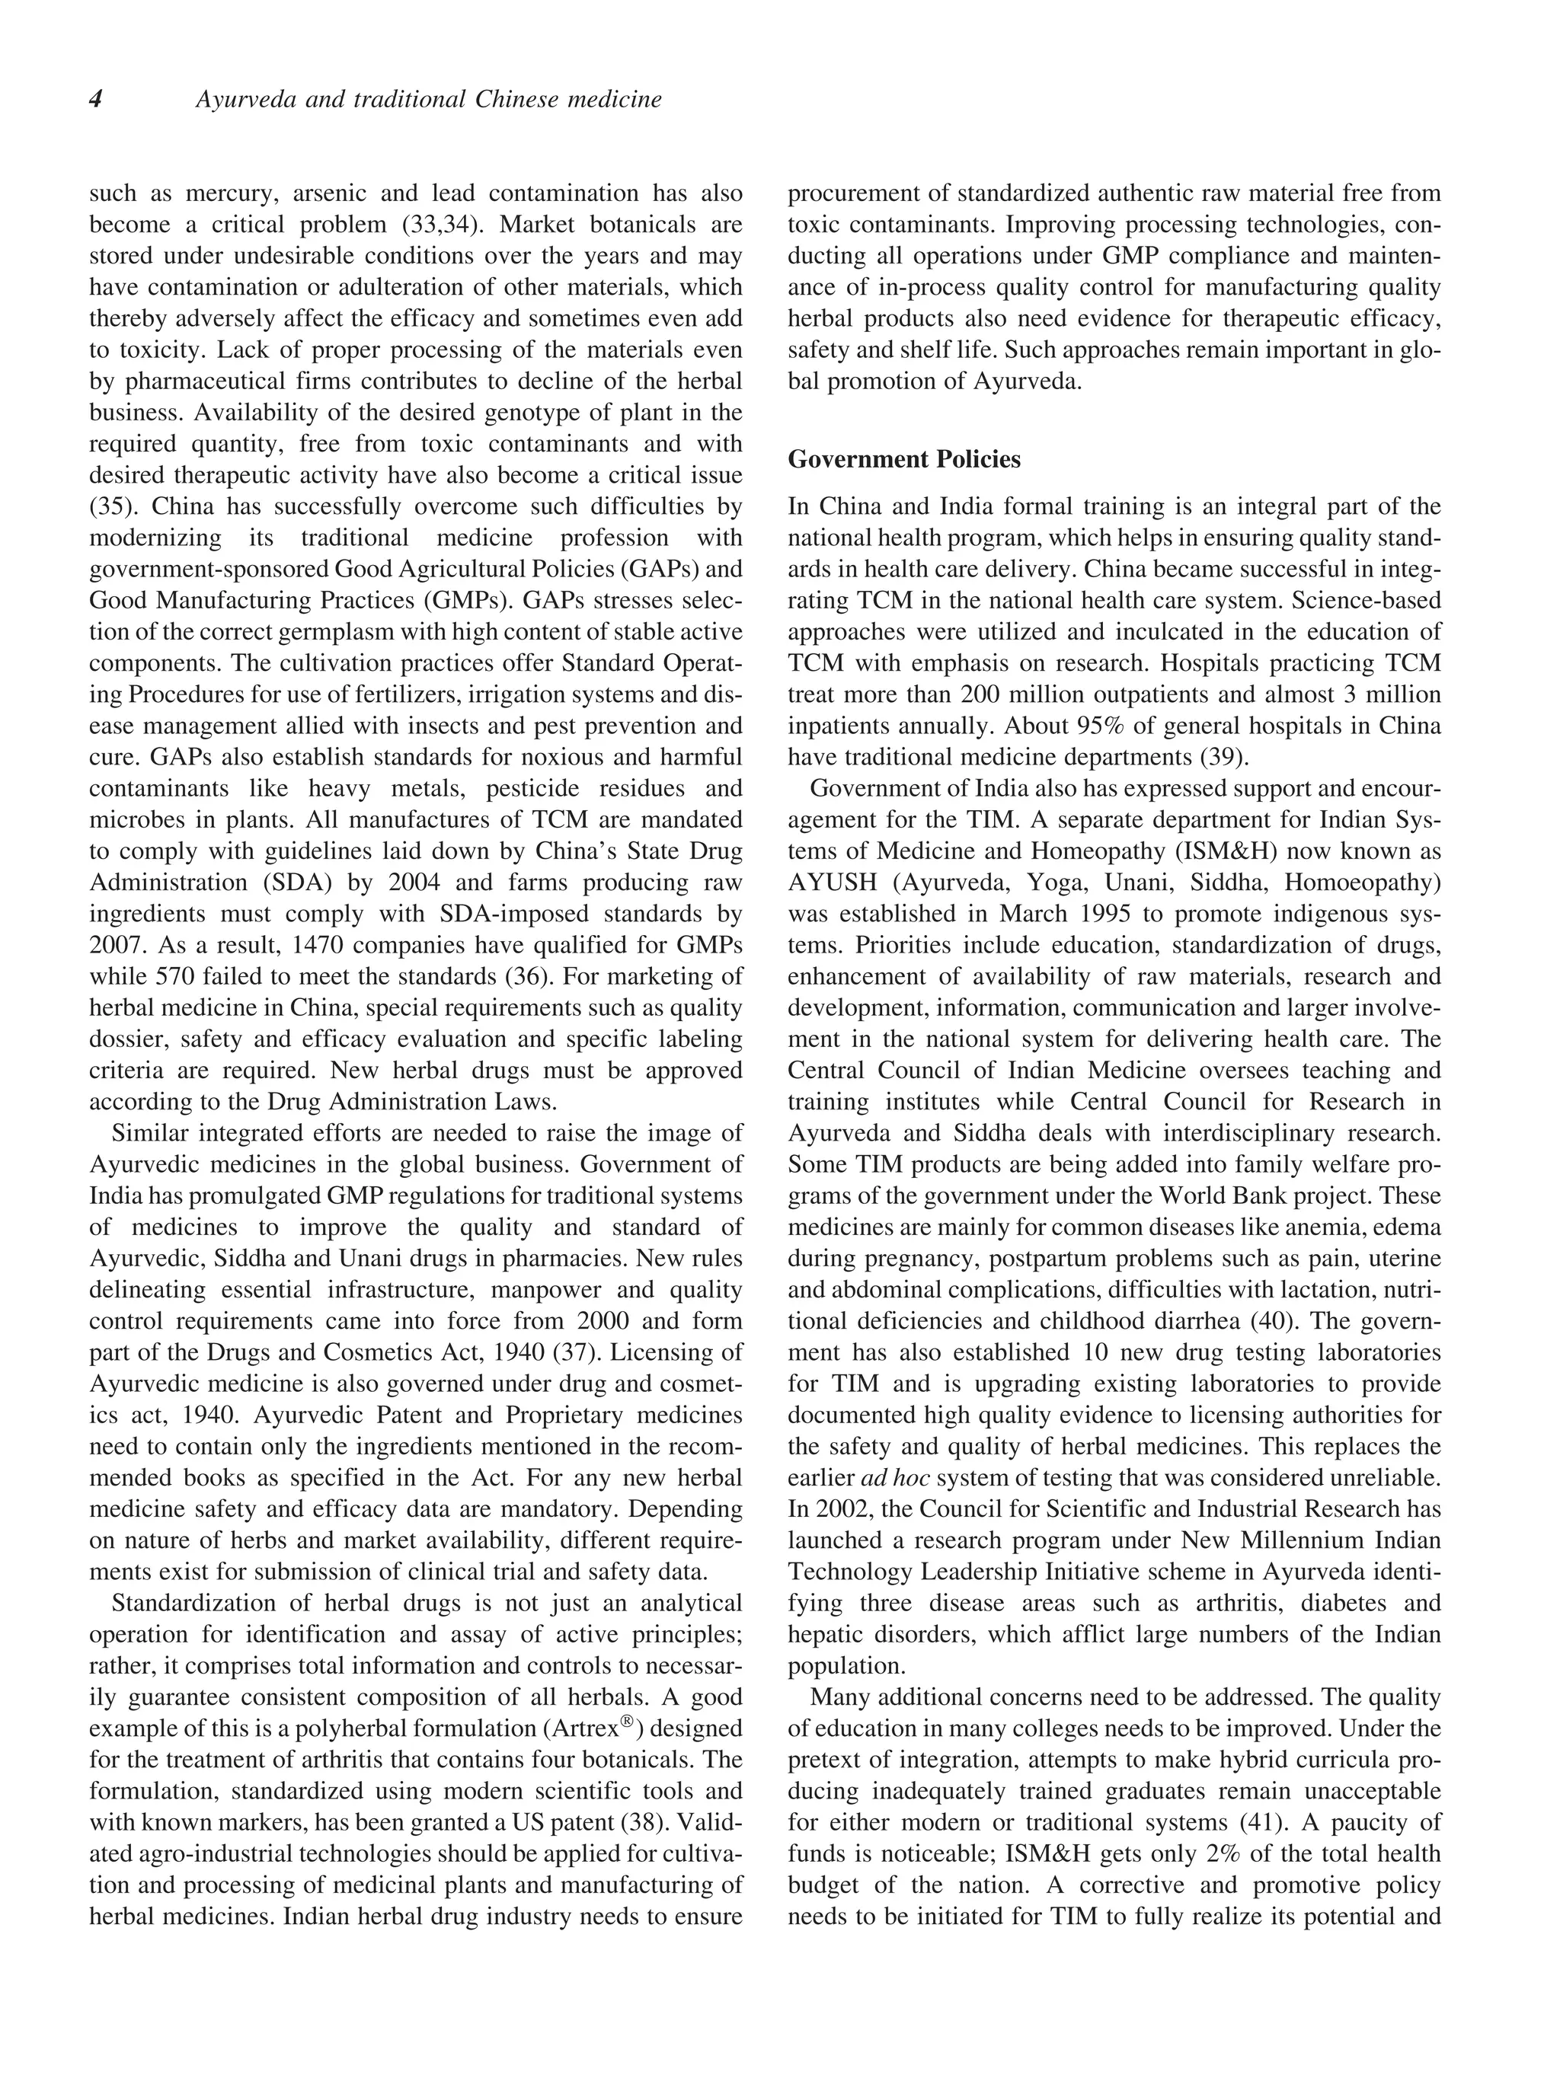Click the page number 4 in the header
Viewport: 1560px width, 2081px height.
click(96, 100)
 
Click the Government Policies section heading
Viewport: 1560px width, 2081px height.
click(903, 459)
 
